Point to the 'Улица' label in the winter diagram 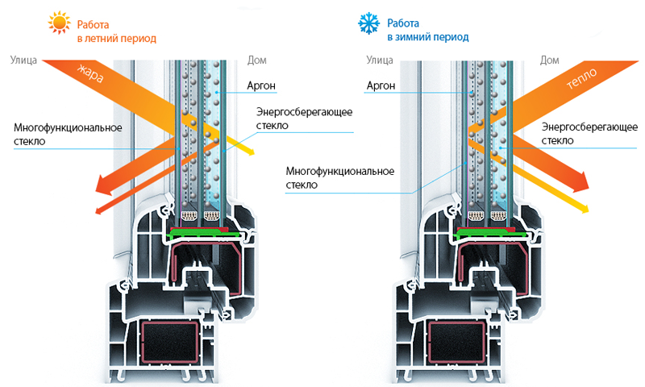pyautogui.click(x=380, y=59)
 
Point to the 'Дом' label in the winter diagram pyautogui.click(x=549, y=59)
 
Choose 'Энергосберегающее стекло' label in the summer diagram pyautogui.click(x=305, y=118)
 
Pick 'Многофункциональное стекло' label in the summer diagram pyautogui.click(x=67, y=135)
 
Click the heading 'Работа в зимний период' pyautogui.click(x=427, y=31)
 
